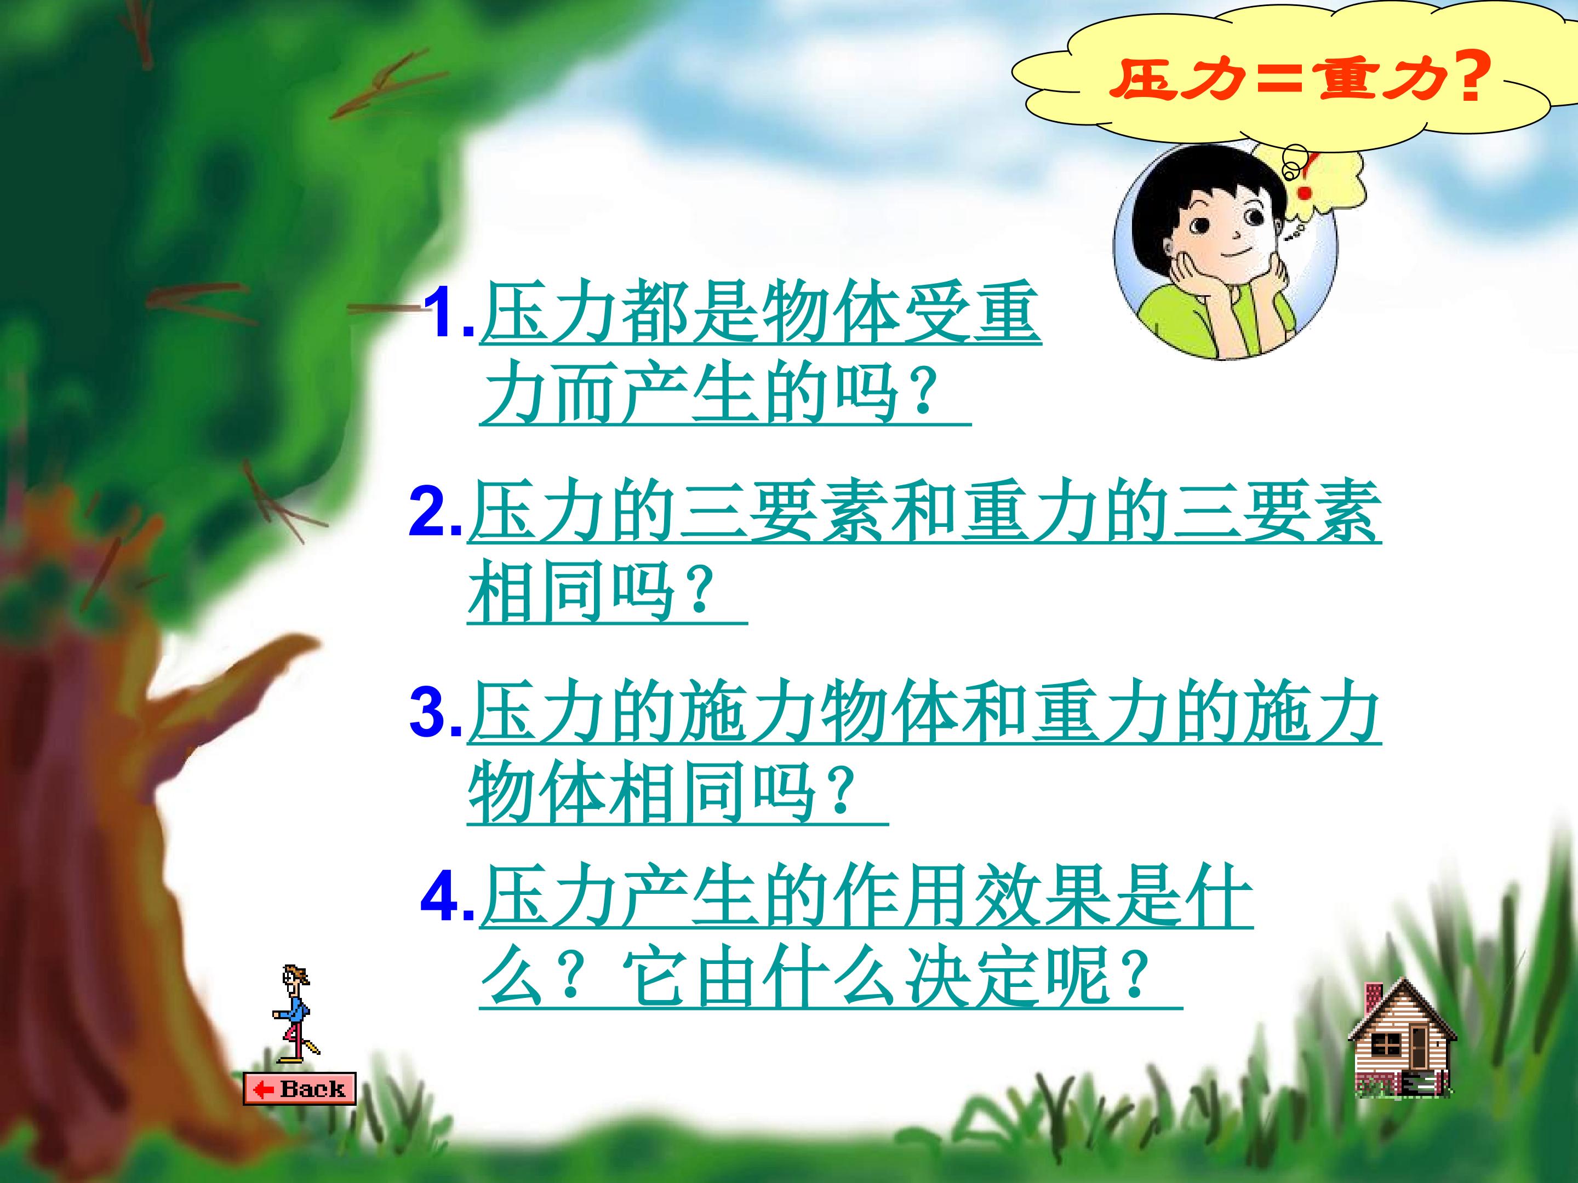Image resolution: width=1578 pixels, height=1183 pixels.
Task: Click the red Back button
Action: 299,1088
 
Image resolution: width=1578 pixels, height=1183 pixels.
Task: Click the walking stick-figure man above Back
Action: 293,1012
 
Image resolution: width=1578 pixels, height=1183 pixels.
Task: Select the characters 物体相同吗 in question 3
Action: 642,791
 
